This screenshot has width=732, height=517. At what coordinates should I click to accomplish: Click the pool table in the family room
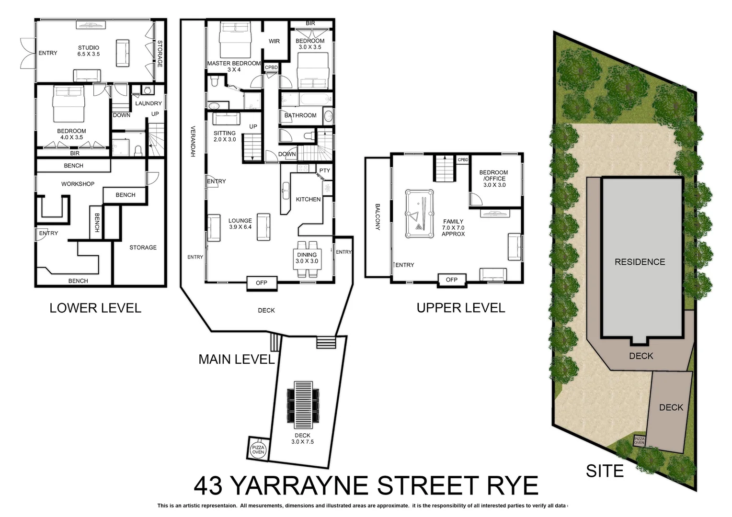pos(419,214)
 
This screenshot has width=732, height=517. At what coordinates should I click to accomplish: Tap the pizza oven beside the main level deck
pos(258,449)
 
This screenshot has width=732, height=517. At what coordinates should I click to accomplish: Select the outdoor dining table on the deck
pos(302,401)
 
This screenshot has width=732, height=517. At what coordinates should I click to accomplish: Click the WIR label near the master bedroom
pos(274,41)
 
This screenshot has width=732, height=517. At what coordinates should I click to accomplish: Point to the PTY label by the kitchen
pos(325,170)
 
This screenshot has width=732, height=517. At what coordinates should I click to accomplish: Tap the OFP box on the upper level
pos(452,280)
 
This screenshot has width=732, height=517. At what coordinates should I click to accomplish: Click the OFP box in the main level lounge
pos(262,283)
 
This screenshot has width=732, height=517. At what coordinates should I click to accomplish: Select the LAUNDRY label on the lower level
pos(149,103)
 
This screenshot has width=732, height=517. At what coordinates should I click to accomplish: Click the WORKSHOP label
pos(78,184)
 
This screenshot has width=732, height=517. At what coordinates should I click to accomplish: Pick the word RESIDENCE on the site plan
pos(640,262)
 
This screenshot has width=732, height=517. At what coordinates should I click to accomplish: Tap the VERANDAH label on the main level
pos(193,141)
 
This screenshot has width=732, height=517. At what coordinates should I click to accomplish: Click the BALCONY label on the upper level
pos(377,217)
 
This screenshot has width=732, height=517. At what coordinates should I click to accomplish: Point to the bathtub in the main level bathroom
pos(306,100)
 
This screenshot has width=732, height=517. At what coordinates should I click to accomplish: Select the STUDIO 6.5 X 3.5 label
pos(89,51)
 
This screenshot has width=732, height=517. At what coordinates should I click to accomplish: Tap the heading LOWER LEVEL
pos(95,308)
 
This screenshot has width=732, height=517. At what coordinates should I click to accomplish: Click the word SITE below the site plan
pos(605,471)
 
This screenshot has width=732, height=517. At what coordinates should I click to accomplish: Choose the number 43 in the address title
pos(209,486)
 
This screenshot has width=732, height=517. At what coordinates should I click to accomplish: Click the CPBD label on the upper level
pos(463,159)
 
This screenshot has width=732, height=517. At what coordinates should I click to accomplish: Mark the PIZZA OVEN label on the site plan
pos(640,440)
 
